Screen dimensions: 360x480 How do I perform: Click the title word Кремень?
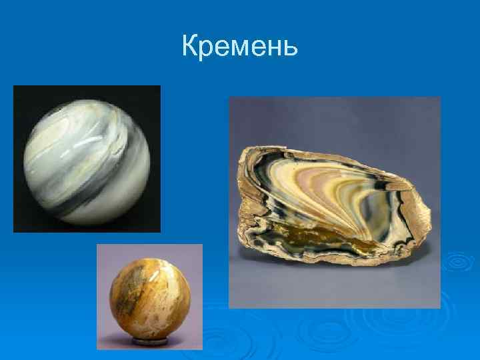239,47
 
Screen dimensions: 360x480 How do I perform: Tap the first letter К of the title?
190,47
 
